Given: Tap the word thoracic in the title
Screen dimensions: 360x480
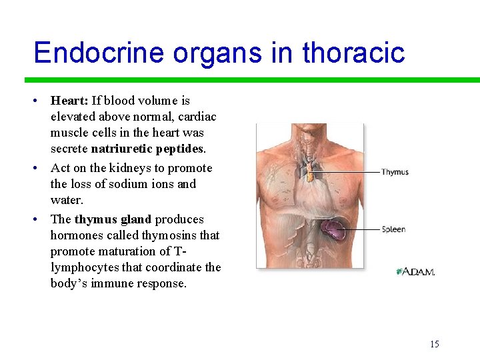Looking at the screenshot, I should pos(354,52).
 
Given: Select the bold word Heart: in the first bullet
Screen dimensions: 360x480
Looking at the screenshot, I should pos(69,101).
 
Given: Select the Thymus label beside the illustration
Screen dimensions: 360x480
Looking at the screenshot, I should pos(395,172).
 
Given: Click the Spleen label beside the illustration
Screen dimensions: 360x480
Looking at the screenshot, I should pos(393,229).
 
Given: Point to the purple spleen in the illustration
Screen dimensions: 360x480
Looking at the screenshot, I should pos(333,230).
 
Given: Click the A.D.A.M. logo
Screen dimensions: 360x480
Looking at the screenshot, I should pos(415,272).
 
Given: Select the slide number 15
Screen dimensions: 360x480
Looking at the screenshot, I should pos(435,344).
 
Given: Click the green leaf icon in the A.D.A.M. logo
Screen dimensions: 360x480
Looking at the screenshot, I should pos(400,272).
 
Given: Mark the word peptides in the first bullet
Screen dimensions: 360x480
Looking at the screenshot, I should pos(178,149).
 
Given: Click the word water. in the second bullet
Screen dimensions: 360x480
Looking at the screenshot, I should pos(66,200).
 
